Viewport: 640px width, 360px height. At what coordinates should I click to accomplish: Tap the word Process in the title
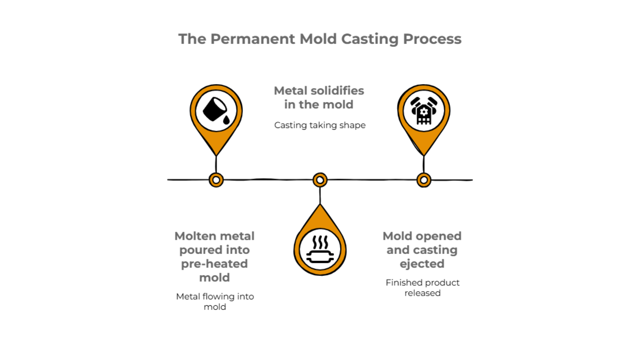pos(432,39)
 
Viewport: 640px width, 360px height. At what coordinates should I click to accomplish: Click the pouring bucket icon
pos(214,109)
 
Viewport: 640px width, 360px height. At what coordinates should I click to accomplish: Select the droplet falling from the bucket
pos(226,120)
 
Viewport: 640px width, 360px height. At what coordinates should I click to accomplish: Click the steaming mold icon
pos(320,250)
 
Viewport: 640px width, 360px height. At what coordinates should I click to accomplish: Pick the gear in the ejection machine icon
pos(424,111)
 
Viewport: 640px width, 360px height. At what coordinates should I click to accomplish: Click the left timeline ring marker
pos(216,180)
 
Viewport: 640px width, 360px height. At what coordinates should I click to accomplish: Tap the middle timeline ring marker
pos(320,180)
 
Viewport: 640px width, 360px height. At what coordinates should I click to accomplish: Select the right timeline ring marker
pos(424,180)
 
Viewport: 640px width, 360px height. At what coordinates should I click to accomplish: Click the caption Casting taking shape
pos(320,125)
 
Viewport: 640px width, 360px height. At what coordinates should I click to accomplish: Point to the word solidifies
pos(337,91)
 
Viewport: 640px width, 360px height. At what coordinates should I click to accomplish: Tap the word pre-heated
pos(214,264)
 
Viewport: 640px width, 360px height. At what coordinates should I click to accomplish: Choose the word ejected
pos(422,264)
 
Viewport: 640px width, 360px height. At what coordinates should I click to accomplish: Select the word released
pos(422,293)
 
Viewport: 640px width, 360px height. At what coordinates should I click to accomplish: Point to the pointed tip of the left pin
pos(216,155)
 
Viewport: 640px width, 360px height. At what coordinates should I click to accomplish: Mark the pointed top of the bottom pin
pos(320,205)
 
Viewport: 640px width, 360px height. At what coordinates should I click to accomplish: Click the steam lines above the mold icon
pos(320,242)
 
